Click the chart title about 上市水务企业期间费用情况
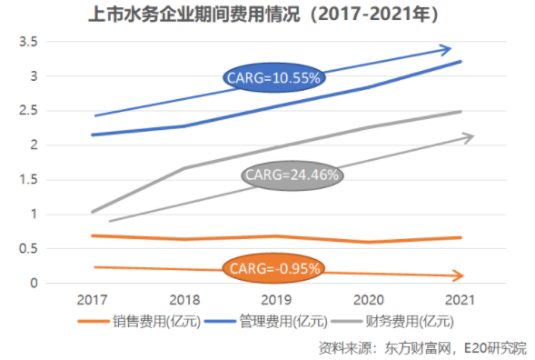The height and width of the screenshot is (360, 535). pos(267,15)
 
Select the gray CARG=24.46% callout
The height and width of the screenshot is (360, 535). pos(290,175)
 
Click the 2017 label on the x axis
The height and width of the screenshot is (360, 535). pos(93,299)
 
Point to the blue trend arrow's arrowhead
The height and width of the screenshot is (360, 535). pos(446,49)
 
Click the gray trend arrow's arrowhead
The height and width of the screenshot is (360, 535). pos(469,137)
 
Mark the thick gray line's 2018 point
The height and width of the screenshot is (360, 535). pos(185,168)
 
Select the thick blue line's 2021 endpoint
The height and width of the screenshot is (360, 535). pos(461,62)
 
